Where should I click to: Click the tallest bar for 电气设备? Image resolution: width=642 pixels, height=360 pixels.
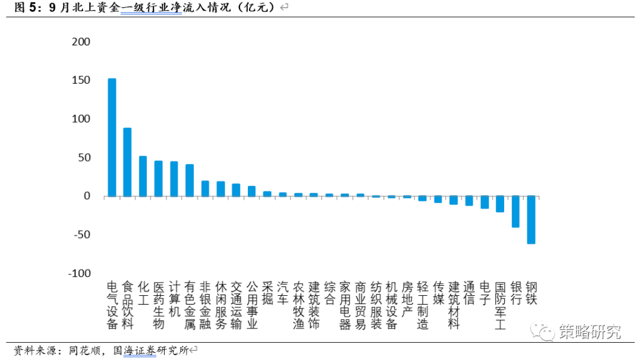coord(112,137)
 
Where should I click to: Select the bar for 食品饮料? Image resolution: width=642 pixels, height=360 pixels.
coord(127,162)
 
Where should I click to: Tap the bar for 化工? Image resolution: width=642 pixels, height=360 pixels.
coord(143,176)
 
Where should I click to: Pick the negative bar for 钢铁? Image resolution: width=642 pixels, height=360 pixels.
coord(531,220)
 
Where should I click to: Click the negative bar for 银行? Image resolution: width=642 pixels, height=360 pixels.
coord(515,211)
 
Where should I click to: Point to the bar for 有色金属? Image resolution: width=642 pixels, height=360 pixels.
coord(190,181)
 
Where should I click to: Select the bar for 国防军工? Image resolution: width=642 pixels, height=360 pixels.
coord(500,204)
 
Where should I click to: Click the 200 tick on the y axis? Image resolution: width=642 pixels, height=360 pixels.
coord(81,42)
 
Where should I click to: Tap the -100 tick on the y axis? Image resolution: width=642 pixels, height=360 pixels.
coord(80,273)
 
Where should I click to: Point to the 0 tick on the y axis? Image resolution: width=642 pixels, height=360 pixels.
coord(87,196)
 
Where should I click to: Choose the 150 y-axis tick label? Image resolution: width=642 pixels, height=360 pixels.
coord(81,80)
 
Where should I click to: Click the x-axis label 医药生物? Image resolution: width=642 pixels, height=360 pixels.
coord(159,305)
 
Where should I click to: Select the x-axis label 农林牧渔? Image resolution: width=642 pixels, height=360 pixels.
coord(298,305)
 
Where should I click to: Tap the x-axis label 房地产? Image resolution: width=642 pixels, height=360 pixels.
coord(407,299)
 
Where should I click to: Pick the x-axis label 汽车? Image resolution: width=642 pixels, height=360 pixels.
coord(283,293)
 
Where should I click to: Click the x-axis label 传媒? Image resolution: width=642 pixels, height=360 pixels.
coord(439,293)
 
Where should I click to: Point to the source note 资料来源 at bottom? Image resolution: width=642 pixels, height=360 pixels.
coord(101,350)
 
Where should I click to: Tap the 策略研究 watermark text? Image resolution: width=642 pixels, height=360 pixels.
coord(590,331)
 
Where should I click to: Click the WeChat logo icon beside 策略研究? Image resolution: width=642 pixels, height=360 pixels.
coord(543,331)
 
